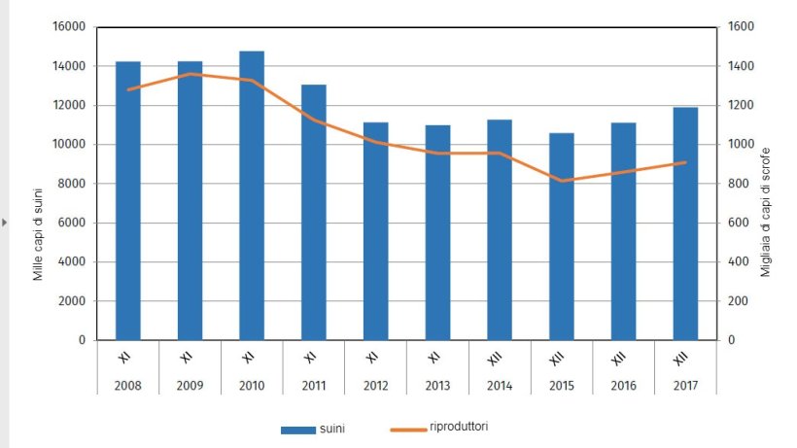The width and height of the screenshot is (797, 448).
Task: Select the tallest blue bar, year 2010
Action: coord(252,195)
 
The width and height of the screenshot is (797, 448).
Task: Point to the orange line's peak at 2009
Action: coord(191,74)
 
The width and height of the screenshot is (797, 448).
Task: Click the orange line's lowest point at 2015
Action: coord(561,181)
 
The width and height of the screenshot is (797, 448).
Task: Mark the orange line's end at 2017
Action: coord(685,162)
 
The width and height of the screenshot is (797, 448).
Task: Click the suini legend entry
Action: coord(322,429)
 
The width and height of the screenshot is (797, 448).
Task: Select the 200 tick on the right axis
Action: coord(740,301)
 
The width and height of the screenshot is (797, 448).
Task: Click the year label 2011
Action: coord(313,385)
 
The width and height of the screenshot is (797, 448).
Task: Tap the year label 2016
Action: coord(623,385)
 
